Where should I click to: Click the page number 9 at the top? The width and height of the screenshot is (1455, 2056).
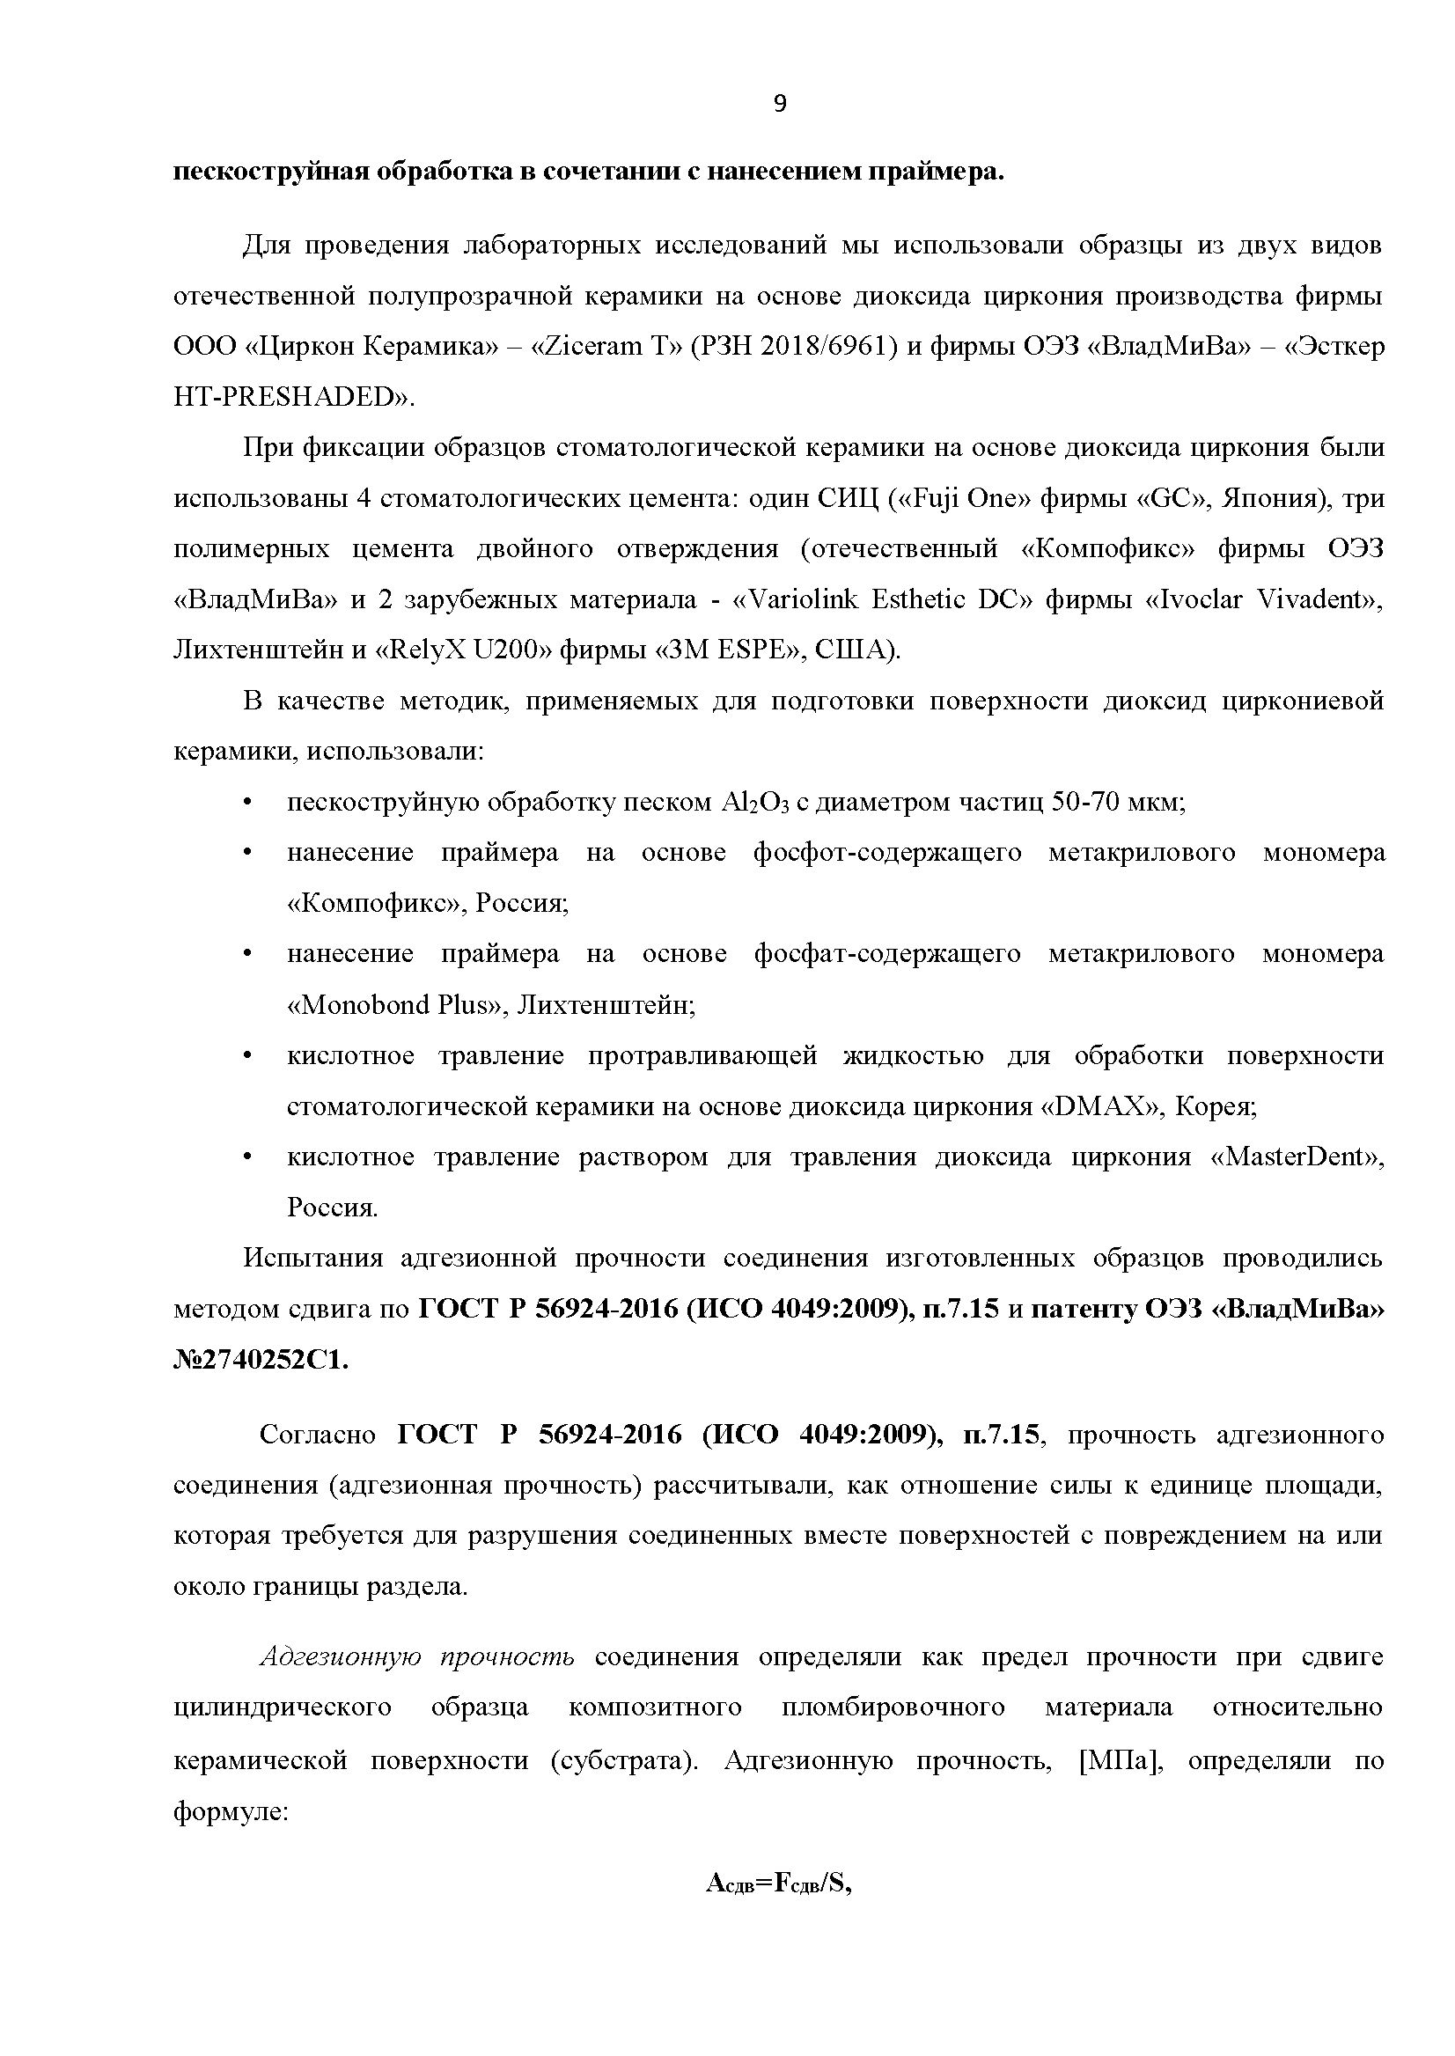[x=780, y=105]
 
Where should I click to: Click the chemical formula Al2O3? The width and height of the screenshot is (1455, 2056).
[x=753, y=802]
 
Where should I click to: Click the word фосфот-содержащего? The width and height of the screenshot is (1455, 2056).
[x=887, y=852]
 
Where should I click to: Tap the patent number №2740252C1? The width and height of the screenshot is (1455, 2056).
[x=261, y=1360]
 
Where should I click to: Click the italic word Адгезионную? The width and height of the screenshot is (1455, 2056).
[x=341, y=1657]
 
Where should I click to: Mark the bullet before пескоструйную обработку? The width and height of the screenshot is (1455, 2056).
[x=248, y=802]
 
